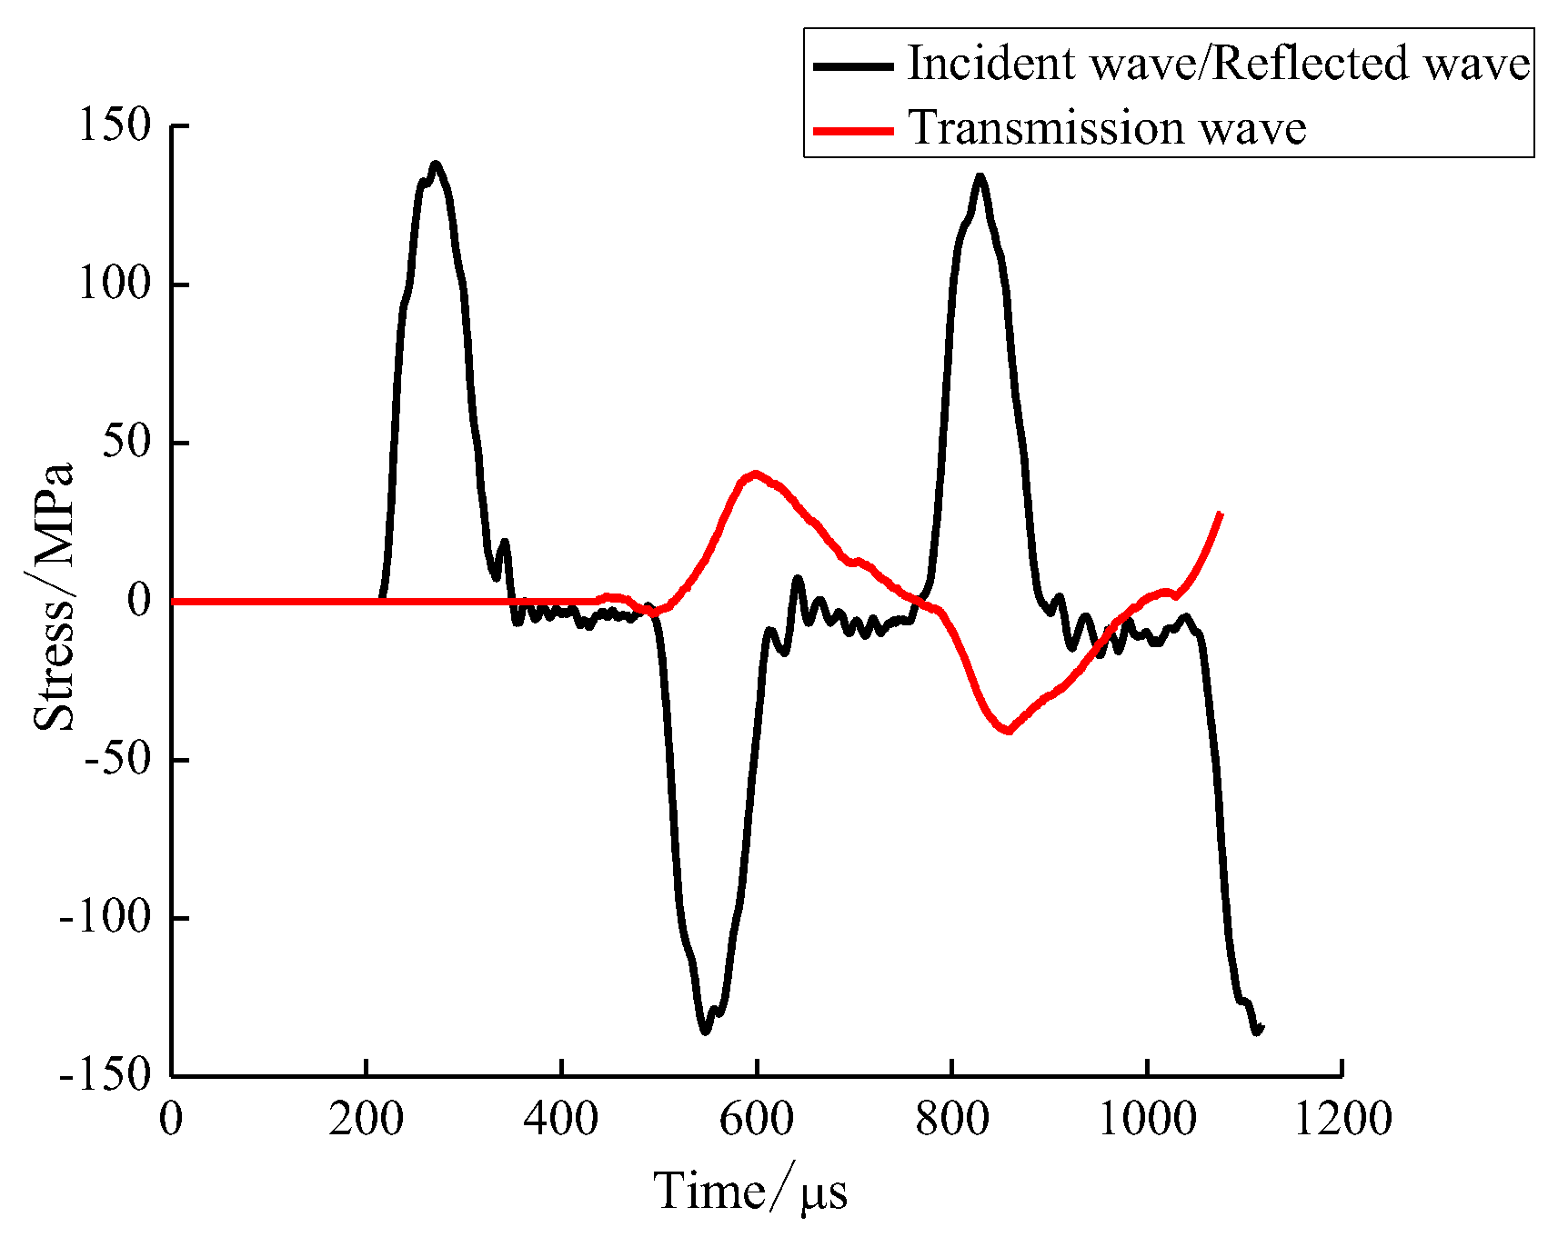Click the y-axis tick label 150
click(x=113, y=125)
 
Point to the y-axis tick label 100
click(x=113, y=284)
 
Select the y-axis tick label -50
click(x=116, y=759)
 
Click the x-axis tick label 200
click(x=366, y=1119)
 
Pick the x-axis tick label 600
click(x=756, y=1119)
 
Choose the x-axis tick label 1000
click(x=1147, y=1119)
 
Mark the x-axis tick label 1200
click(x=1342, y=1119)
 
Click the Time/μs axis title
click(x=750, y=1192)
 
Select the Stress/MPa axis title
click(x=53, y=598)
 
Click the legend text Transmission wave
click(x=1107, y=128)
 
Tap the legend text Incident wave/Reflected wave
click(x=1219, y=64)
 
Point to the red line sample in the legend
click(x=853, y=130)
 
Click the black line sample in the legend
click(x=853, y=65)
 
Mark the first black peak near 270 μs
click(x=436, y=165)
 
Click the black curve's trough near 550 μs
click(x=706, y=1031)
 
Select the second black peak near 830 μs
click(x=980, y=176)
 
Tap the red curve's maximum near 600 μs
click(x=755, y=474)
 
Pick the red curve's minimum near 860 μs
click(x=1008, y=731)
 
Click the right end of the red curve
click(x=1220, y=514)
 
